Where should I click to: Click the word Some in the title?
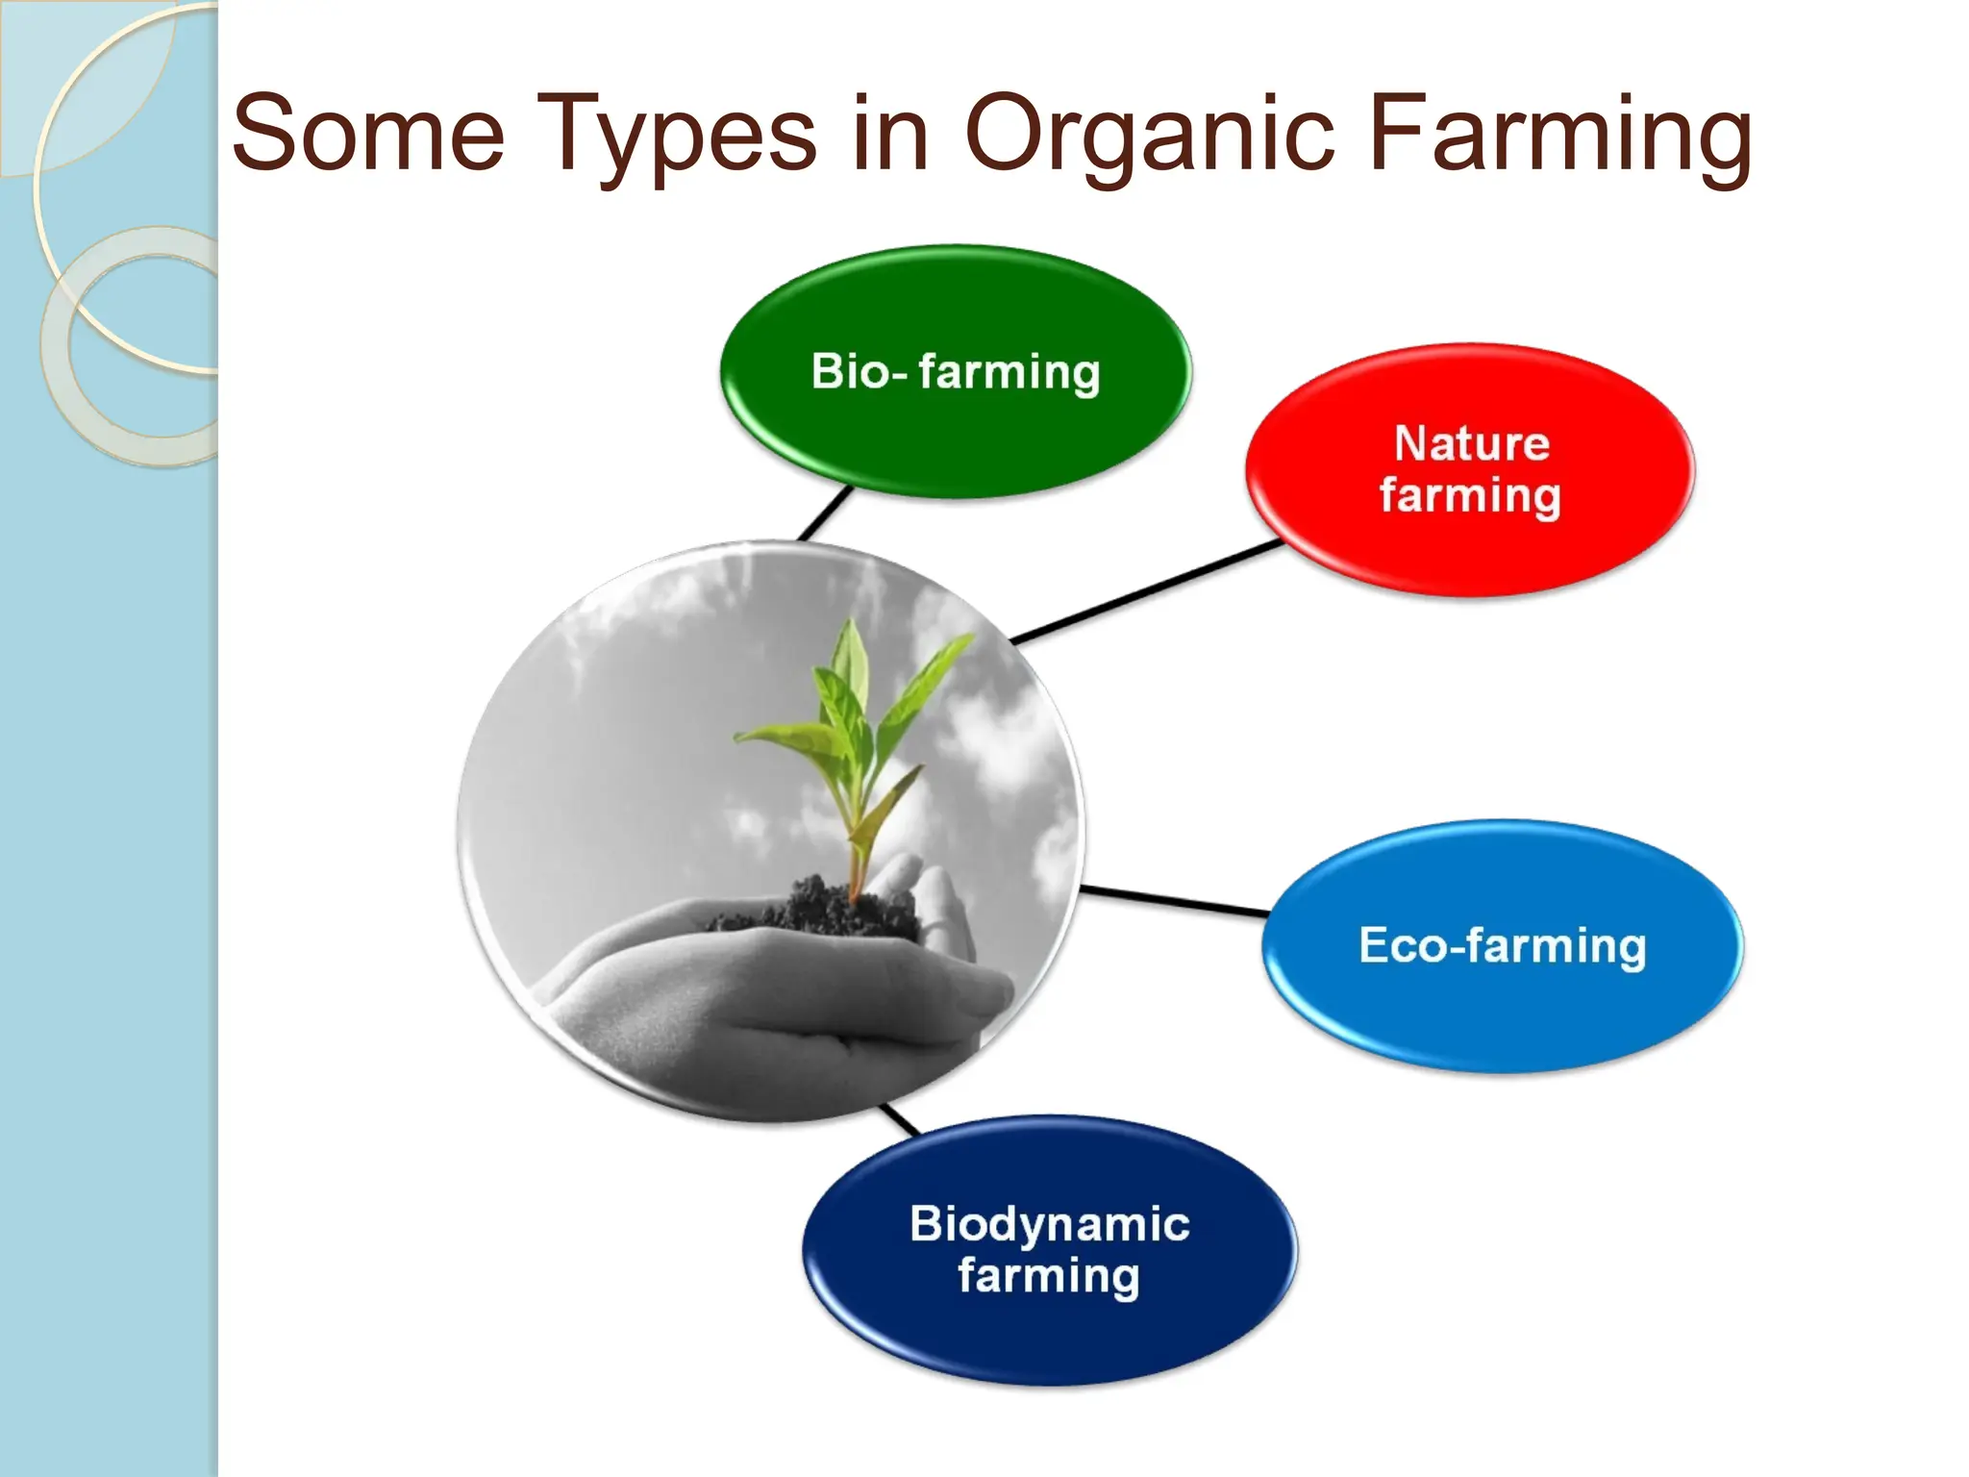click(x=368, y=134)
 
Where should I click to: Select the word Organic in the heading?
click(x=1149, y=134)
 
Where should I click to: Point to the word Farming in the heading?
click(x=1558, y=134)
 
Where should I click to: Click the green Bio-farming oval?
click(x=955, y=423)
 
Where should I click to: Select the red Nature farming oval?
click(x=1470, y=538)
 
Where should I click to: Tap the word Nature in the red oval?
click(x=1471, y=444)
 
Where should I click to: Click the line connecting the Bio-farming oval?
click(x=825, y=513)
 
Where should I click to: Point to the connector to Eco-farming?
click(x=1173, y=900)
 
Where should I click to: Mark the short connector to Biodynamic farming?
click(x=900, y=1118)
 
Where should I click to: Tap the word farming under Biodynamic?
click(x=1048, y=1277)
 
